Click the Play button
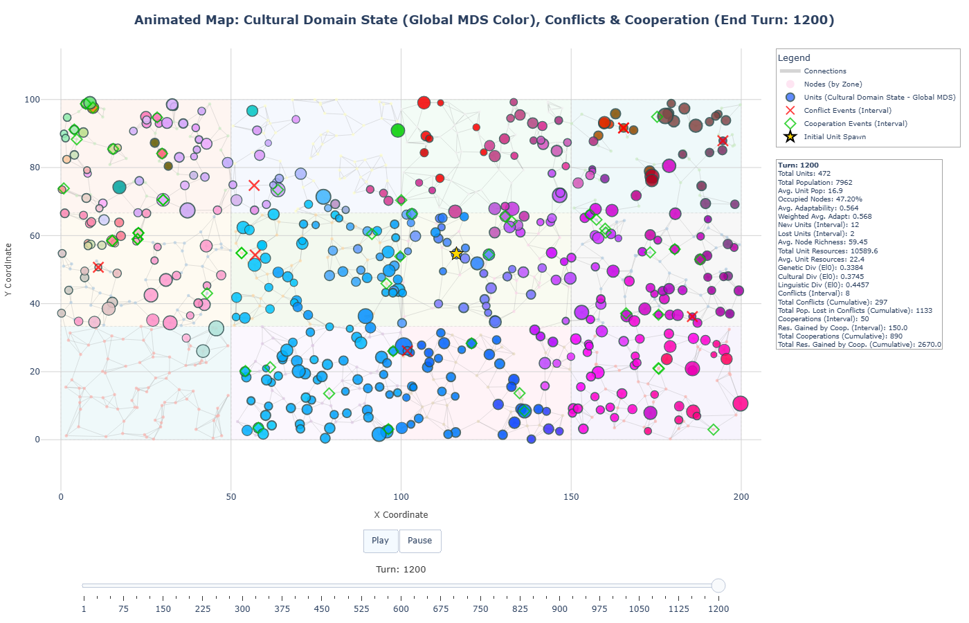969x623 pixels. click(x=380, y=541)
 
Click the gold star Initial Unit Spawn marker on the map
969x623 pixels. click(x=456, y=254)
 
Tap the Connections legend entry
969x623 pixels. click(x=824, y=71)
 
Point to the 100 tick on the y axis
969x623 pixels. click(x=33, y=100)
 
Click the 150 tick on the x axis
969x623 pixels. click(x=571, y=496)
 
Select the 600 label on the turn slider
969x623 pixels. click(x=401, y=609)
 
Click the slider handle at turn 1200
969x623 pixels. click(x=718, y=586)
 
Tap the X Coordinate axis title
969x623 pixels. click(x=401, y=514)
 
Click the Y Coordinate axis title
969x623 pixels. click(x=8, y=270)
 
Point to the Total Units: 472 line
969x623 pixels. click(x=804, y=174)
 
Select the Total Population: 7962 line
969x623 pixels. click(x=815, y=183)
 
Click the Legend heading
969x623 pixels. click(x=793, y=58)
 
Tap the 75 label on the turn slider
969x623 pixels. click(x=123, y=609)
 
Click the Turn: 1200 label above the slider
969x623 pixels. click(x=401, y=569)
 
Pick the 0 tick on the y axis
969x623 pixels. click(x=37, y=440)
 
